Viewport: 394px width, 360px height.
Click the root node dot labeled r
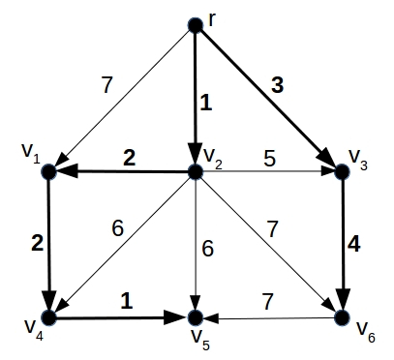pyautogui.click(x=196, y=26)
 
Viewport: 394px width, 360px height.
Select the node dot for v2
pyautogui.click(x=196, y=173)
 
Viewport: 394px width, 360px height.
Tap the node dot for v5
pyautogui.click(x=196, y=317)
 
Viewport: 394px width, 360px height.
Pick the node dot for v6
pyautogui.click(x=341, y=316)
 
